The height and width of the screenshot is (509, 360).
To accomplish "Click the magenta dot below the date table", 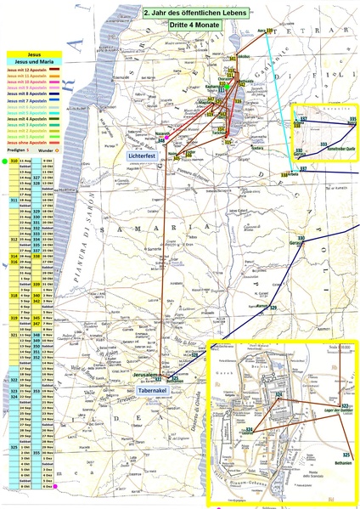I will (54, 486).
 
